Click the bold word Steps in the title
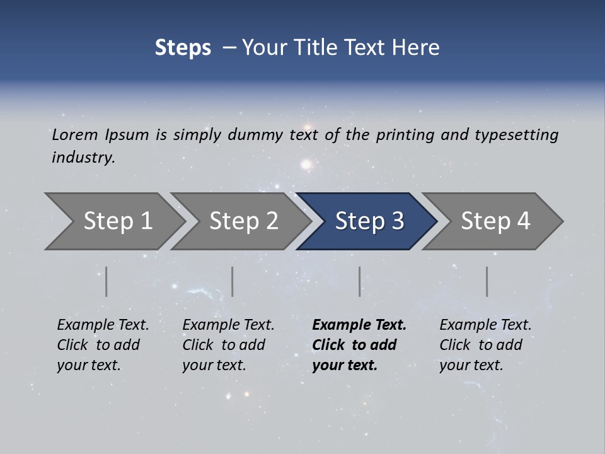point(183,48)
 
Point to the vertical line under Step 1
point(107,281)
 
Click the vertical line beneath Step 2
point(233,281)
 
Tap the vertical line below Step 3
point(360,281)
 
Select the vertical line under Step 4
point(487,281)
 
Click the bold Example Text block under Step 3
point(359,345)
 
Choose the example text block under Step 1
point(103,345)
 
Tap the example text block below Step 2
point(228,345)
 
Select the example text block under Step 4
point(485,345)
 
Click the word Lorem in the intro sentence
point(75,134)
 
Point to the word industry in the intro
point(83,158)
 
